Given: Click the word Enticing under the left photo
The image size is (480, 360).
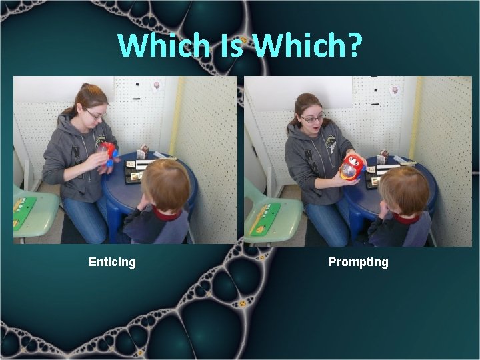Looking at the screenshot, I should click(112, 262).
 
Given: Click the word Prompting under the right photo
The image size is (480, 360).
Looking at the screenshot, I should click(358, 262).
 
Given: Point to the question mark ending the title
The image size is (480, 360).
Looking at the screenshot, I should click(354, 45).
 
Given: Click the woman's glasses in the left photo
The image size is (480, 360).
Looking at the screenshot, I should click(96, 115).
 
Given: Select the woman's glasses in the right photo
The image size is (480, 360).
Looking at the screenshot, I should click(313, 119).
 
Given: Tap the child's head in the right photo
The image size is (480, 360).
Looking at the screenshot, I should click(405, 191).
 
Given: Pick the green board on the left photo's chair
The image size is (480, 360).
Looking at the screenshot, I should click(25, 212).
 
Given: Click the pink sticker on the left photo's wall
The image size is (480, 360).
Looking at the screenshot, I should click(156, 86).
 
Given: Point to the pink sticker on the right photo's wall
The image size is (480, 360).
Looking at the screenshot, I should click(395, 91).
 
